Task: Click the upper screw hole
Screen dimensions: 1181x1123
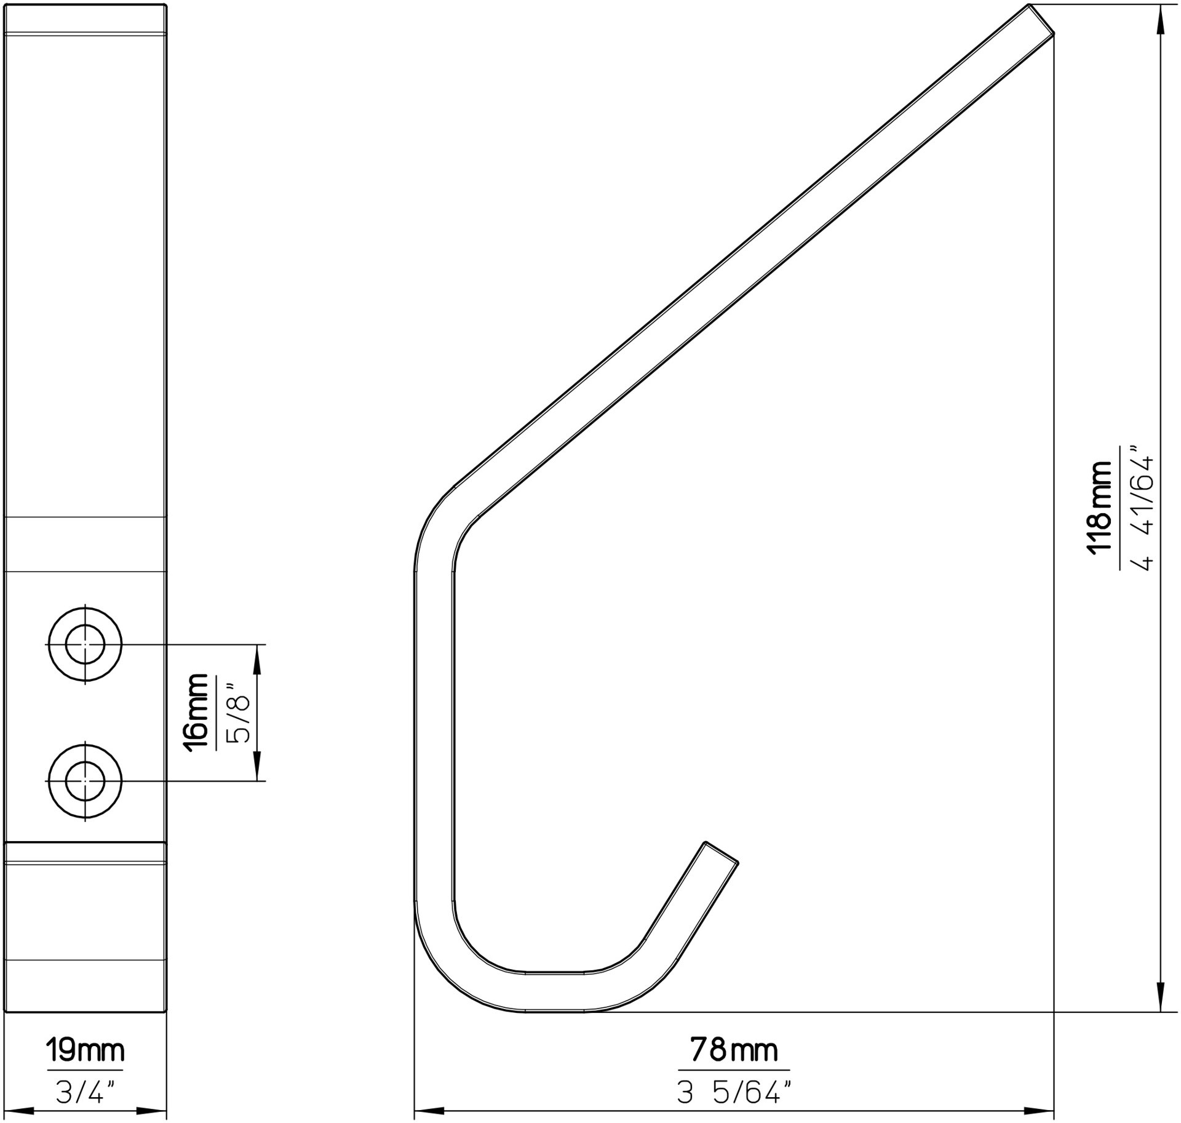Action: pos(85,644)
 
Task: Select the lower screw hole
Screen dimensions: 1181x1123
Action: pos(85,781)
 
